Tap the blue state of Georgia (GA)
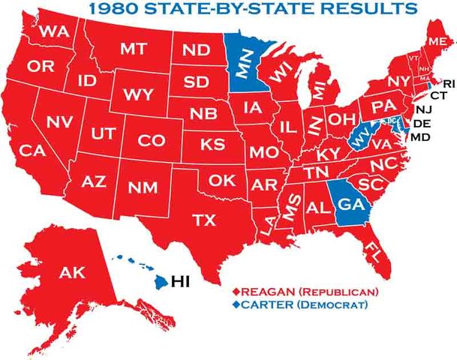[x=350, y=202]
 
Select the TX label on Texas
[x=204, y=220]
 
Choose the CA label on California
[x=33, y=150]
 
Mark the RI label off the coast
[x=448, y=82]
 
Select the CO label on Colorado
[x=152, y=140]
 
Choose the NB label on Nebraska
[x=203, y=114]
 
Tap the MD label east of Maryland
[x=420, y=137]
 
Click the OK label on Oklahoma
[x=222, y=180]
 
